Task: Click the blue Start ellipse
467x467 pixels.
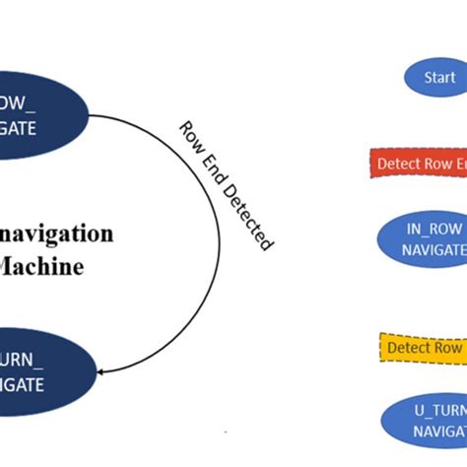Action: tap(434, 77)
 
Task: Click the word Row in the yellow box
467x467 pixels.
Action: tap(449, 348)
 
